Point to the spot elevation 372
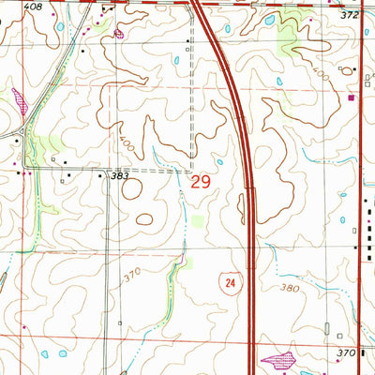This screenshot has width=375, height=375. pos(350,16)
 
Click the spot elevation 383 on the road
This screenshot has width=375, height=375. pos(119,175)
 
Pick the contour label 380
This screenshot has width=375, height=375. pos(290,289)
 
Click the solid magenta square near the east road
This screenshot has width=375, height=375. pos(352,96)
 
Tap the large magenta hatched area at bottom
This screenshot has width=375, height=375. pos(277,358)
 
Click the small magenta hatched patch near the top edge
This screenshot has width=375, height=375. pos(119,34)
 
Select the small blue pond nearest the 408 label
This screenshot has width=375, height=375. pos(60,26)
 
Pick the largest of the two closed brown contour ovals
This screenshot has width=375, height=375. pos(132,188)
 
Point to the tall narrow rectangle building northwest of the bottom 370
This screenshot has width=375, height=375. pos(324,330)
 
